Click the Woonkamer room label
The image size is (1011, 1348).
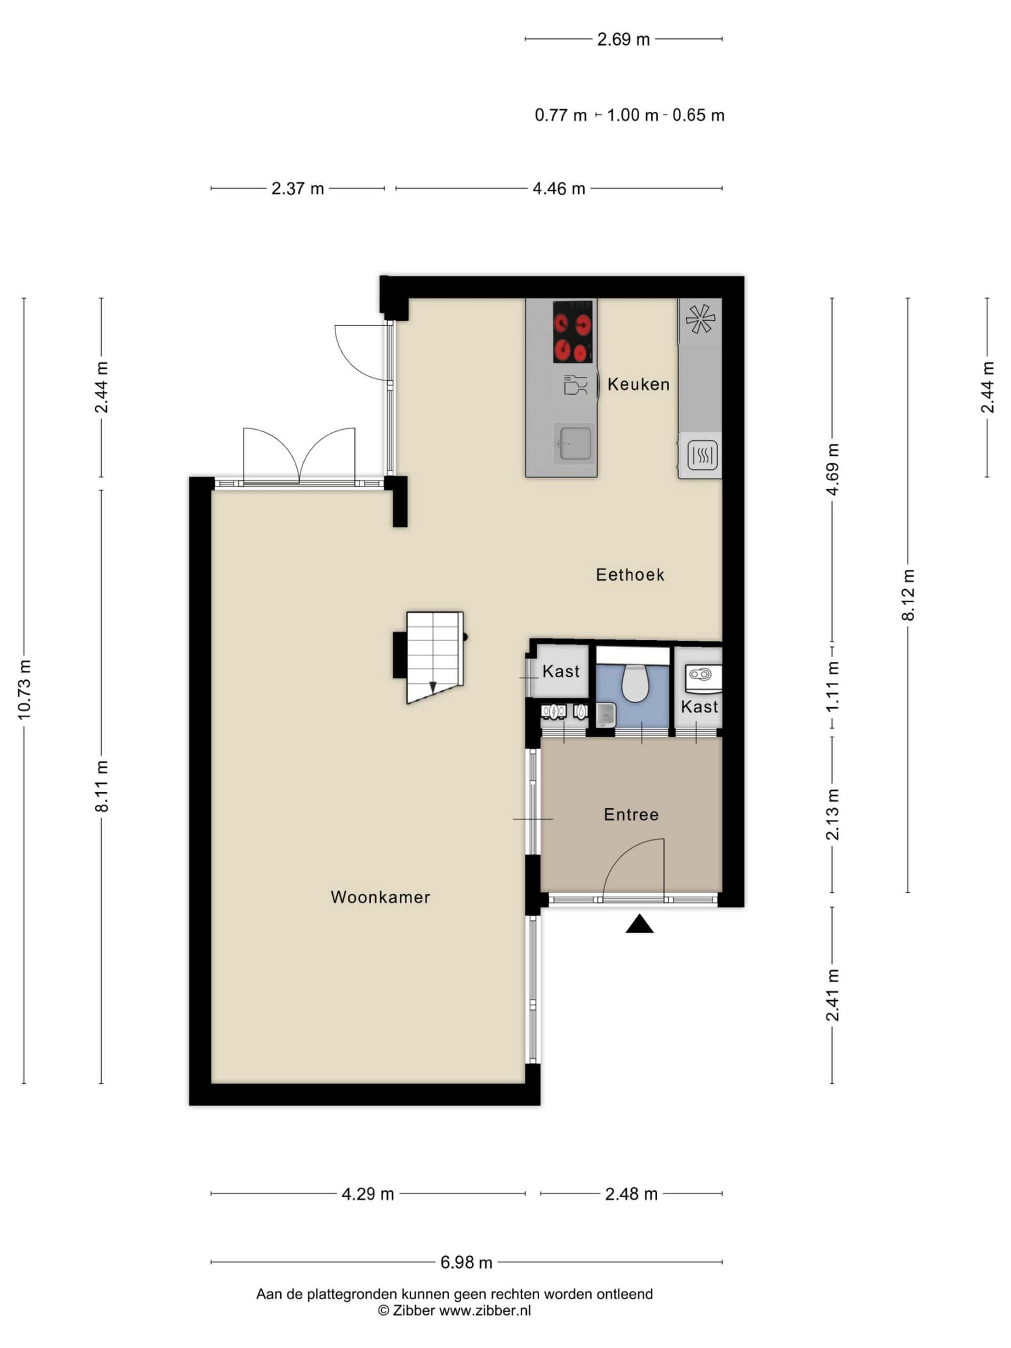380,897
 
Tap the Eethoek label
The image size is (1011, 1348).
630,574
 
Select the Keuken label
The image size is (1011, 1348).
639,384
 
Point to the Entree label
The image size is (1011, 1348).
631,815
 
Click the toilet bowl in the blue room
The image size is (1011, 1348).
634,682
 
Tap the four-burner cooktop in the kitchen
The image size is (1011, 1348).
573,332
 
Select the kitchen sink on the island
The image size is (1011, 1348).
573,443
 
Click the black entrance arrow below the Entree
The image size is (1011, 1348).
639,924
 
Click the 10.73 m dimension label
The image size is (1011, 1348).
24,689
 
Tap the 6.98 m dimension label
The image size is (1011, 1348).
466,1263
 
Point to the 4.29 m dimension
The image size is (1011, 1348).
368,1194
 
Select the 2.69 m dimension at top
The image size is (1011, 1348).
623,39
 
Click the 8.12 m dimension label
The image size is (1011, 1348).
908,595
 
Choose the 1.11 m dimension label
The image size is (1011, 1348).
832,686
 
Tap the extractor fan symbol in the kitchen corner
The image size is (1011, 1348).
700,319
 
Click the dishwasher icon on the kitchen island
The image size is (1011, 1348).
574,385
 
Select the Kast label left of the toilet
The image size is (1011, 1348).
561,671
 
